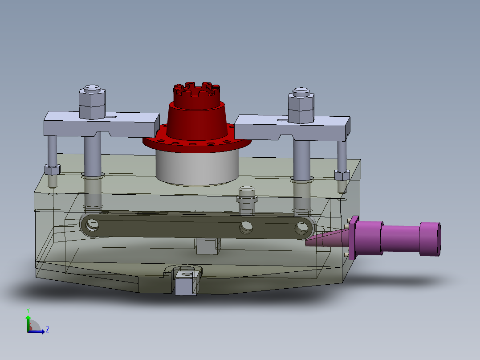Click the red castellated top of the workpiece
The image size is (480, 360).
click(197, 95)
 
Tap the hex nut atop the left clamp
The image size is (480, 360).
click(92, 103)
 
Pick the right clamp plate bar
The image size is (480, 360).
click(293, 128)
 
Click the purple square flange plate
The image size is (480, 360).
click(354, 238)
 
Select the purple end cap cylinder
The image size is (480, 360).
click(430, 239)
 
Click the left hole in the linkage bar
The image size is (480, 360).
click(92, 225)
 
